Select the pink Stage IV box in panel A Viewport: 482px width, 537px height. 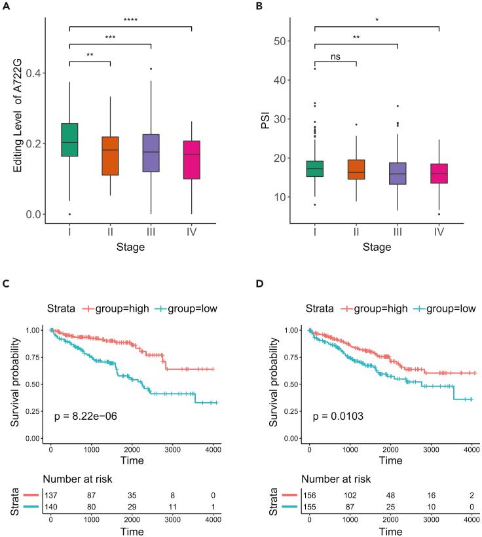(192, 160)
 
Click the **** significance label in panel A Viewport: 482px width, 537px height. (130, 20)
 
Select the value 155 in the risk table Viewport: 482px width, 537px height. (308, 509)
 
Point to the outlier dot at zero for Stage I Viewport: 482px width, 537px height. (69, 214)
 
